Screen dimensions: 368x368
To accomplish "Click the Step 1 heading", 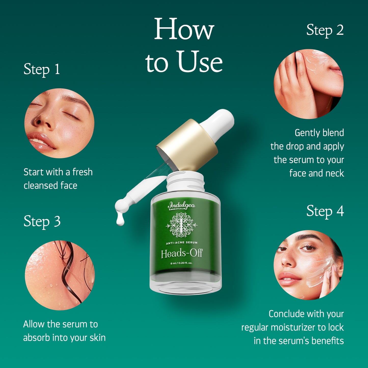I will pos(42,69).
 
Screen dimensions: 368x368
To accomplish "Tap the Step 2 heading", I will pos(325,30).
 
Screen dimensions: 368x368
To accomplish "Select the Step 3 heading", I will pos(42,221).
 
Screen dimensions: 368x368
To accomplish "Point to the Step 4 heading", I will pos(325,211).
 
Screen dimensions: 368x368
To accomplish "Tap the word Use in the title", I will pos(200,62).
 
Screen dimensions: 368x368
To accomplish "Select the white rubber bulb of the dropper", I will pos(219,122).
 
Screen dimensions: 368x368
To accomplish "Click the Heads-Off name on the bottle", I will pos(182,254).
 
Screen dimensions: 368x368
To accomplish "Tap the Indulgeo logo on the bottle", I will pos(181,205).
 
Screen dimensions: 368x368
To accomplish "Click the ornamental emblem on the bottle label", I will pos(181,225).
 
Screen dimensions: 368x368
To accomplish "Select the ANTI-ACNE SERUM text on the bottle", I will pos(182,243).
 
